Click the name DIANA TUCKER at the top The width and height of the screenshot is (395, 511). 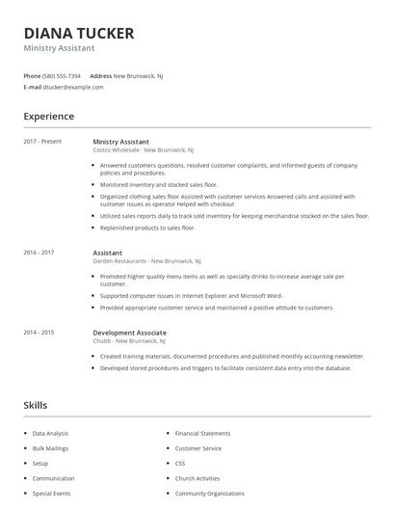tap(79, 33)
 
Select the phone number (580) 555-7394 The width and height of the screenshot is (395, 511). tap(63, 75)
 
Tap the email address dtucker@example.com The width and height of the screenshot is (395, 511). tap(73, 87)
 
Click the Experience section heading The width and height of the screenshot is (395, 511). tap(48, 117)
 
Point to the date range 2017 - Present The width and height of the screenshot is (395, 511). tap(42, 142)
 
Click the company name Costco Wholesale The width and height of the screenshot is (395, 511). tap(117, 151)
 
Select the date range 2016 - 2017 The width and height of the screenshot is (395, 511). tap(39, 252)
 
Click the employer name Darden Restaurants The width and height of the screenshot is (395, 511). tap(121, 261)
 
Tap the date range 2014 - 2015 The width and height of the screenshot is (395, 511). tap(39, 332)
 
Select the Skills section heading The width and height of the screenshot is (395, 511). tap(36, 405)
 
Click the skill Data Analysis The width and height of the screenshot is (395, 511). tap(50, 434)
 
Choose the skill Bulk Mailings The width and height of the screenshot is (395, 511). tap(51, 448)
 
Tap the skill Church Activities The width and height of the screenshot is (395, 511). tap(197, 477)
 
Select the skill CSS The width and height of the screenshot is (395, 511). tap(180, 463)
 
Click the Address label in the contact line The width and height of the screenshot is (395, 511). tap(100, 75)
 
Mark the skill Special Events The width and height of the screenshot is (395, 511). tap(51, 493)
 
